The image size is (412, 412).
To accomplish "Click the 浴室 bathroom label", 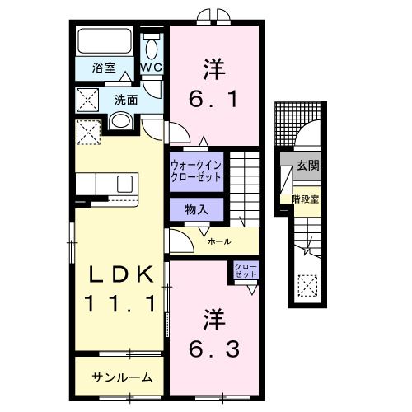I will pyautogui.click(x=103, y=68).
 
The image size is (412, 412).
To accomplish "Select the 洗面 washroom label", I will pyautogui.click(x=125, y=100).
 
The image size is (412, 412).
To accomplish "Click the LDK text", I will pyautogui.click(x=121, y=274).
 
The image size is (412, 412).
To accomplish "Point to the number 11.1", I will pyautogui.click(x=121, y=304).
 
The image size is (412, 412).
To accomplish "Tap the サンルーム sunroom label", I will pyautogui.click(x=122, y=377).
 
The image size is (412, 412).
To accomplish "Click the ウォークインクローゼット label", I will pyautogui.click(x=197, y=169).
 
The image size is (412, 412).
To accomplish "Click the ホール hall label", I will pyautogui.click(x=219, y=241).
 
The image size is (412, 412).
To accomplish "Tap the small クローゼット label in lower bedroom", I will pyautogui.click(x=245, y=270).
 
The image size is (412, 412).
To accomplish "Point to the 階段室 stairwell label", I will pyautogui.click(x=304, y=199).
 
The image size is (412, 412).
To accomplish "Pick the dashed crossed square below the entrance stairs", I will pyautogui.click(x=307, y=286).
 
